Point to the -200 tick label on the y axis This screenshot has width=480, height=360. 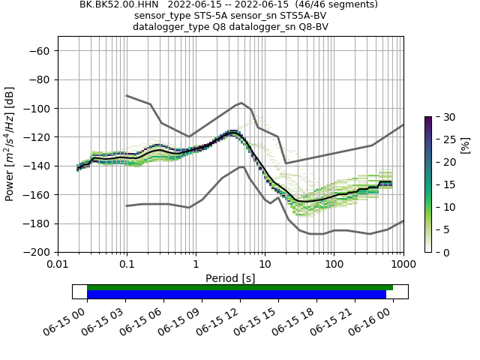(x=36, y=252)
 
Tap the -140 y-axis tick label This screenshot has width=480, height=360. (x=36, y=166)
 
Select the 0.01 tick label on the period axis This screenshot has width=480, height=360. (x=58, y=265)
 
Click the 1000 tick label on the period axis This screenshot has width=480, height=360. (x=403, y=265)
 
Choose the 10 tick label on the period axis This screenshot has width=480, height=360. (x=265, y=265)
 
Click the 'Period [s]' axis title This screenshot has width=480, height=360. (x=230, y=277)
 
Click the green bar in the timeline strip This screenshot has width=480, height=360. (x=240, y=287)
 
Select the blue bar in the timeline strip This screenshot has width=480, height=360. (x=236, y=295)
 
